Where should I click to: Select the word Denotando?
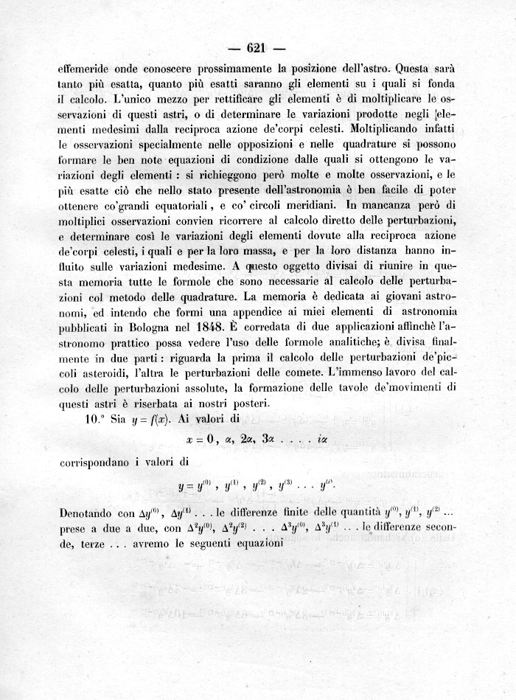(x=86, y=512)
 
